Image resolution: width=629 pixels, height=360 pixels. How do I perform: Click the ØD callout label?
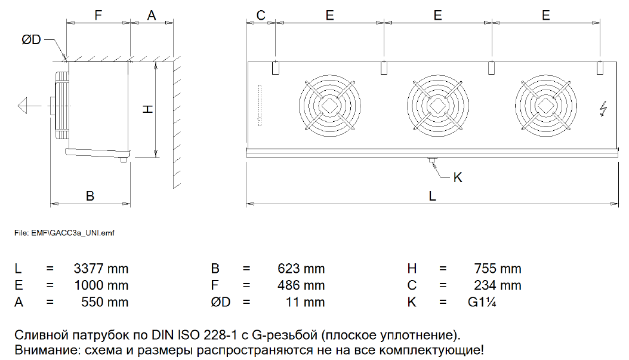[31, 39]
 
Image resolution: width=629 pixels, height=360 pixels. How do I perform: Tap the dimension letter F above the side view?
[98, 16]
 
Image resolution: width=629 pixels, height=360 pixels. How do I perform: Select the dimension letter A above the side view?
[151, 16]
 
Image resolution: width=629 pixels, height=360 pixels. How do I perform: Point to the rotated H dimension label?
[148, 109]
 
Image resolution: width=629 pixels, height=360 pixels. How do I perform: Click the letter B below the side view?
[90, 196]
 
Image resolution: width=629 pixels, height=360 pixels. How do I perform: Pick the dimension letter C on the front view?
[261, 16]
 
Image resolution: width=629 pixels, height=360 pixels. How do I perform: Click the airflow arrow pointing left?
[29, 106]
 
